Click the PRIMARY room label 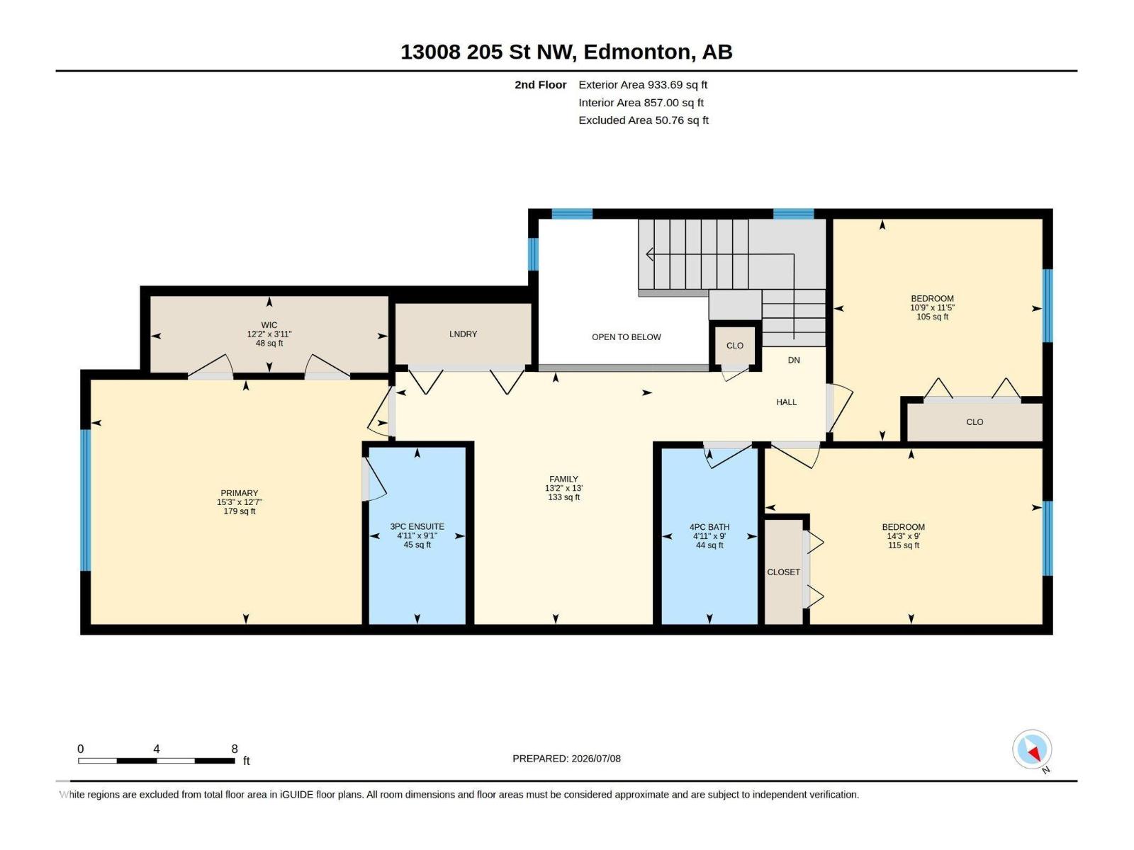(239, 493)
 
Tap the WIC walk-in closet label (269, 325)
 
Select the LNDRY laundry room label (463, 334)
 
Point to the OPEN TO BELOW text (626, 337)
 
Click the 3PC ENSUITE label (417, 526)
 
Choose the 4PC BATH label (709, 527)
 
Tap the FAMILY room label (563, 479)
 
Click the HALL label (786, 402)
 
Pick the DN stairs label (794, 361)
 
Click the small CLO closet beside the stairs (735, 346)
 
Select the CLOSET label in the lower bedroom (783, 572)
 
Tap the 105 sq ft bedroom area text (933, 317)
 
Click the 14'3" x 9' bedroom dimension (904, 536)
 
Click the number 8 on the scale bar (235, 749)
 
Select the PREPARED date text (567, 759)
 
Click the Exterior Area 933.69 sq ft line (643, 84)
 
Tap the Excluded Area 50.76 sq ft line (644, 120)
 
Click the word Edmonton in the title (636, 52)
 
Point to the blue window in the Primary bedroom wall (85, 500)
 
